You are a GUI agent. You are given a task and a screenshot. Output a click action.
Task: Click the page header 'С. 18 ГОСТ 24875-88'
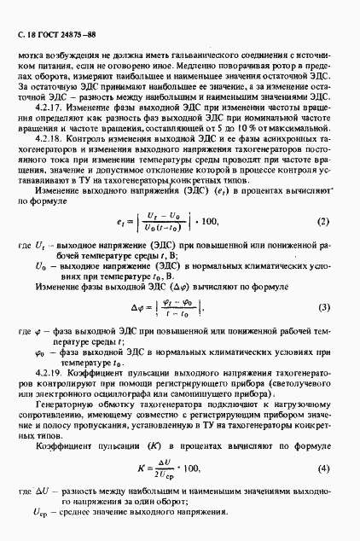click(53, 33)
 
